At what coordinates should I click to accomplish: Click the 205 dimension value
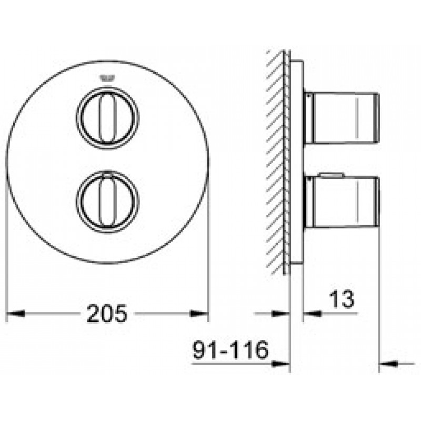107,313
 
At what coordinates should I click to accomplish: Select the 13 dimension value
342,299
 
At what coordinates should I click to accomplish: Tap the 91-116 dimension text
230,349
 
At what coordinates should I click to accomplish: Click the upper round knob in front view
108,118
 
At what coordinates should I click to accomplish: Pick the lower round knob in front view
108,202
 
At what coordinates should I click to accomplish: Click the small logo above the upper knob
107,78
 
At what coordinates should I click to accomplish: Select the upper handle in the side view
342,117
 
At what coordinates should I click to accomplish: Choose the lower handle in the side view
342,202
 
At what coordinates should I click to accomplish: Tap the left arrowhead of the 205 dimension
15,313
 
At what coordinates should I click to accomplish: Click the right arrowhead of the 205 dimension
199,313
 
